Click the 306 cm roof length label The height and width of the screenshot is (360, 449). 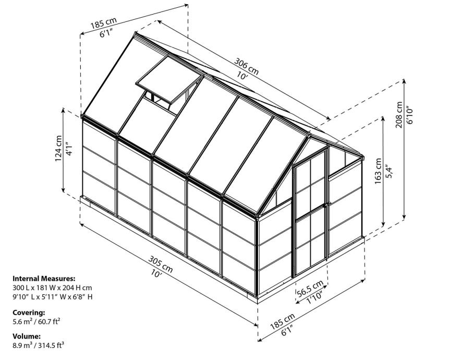click(x=247, y=66)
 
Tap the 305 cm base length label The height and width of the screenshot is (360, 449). click(x=161, y=263)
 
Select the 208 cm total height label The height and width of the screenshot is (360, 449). click(x=399, y=115)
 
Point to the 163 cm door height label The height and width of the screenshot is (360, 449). click(x=379, y=171)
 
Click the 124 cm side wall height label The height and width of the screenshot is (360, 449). click(x=59, y=148)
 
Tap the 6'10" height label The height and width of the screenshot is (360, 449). click(x=409, y=115)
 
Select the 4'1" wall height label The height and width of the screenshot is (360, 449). click(x=69, y=149)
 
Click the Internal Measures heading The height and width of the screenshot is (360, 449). click(x=44, y=279)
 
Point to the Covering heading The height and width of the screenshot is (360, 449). click(x=29, y=313)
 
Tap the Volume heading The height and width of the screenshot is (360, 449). click(x=27, y=336)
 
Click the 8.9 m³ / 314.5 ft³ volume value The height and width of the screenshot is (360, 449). click(x=38, y=345)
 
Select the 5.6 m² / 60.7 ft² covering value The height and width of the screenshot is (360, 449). click(x=37, y=321)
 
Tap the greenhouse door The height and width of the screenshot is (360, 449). click(x=310, y=212)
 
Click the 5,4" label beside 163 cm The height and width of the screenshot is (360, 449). click(x=389, y=171)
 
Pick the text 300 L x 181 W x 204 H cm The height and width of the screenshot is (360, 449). click(x=52, y=287)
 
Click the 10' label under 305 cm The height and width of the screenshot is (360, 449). click(x=156, y=273)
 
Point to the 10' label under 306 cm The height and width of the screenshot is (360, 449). click(x=241, y=76)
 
